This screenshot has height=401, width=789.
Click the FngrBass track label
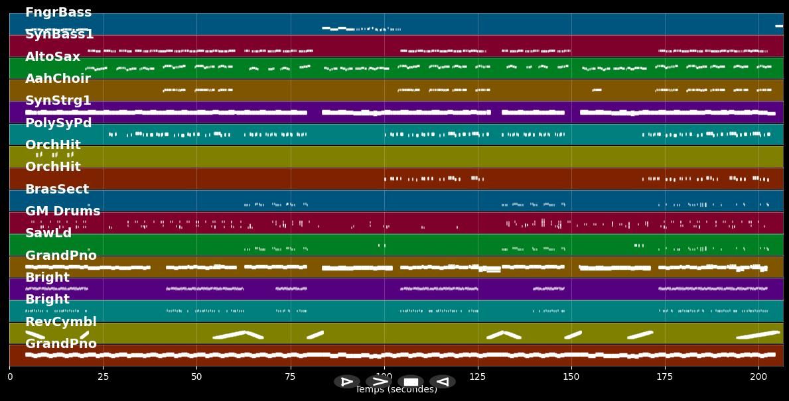[58, 13]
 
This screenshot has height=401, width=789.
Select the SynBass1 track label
[60, 34]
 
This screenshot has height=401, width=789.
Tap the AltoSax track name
[52, 57]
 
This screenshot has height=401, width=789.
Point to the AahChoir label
[58, 79]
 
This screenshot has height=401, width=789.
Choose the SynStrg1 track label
[58, 101]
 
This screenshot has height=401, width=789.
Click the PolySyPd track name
[58, 123]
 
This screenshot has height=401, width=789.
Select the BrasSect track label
[57, 190]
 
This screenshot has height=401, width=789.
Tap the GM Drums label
[62, 211]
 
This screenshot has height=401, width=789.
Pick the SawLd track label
[48, 233]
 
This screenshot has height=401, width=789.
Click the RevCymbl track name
[61, 322]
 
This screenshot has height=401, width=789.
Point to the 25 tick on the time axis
[103, 376]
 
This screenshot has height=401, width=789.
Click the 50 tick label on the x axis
[196, 376]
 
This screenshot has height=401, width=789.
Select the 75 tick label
[290, 376]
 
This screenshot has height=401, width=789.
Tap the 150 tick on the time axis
[571, 376]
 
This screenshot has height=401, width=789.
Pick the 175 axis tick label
[665, 376]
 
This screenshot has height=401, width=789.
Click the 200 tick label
[758, 376]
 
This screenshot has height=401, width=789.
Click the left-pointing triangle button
[443, 382]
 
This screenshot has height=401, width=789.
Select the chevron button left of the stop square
[379, 382]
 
